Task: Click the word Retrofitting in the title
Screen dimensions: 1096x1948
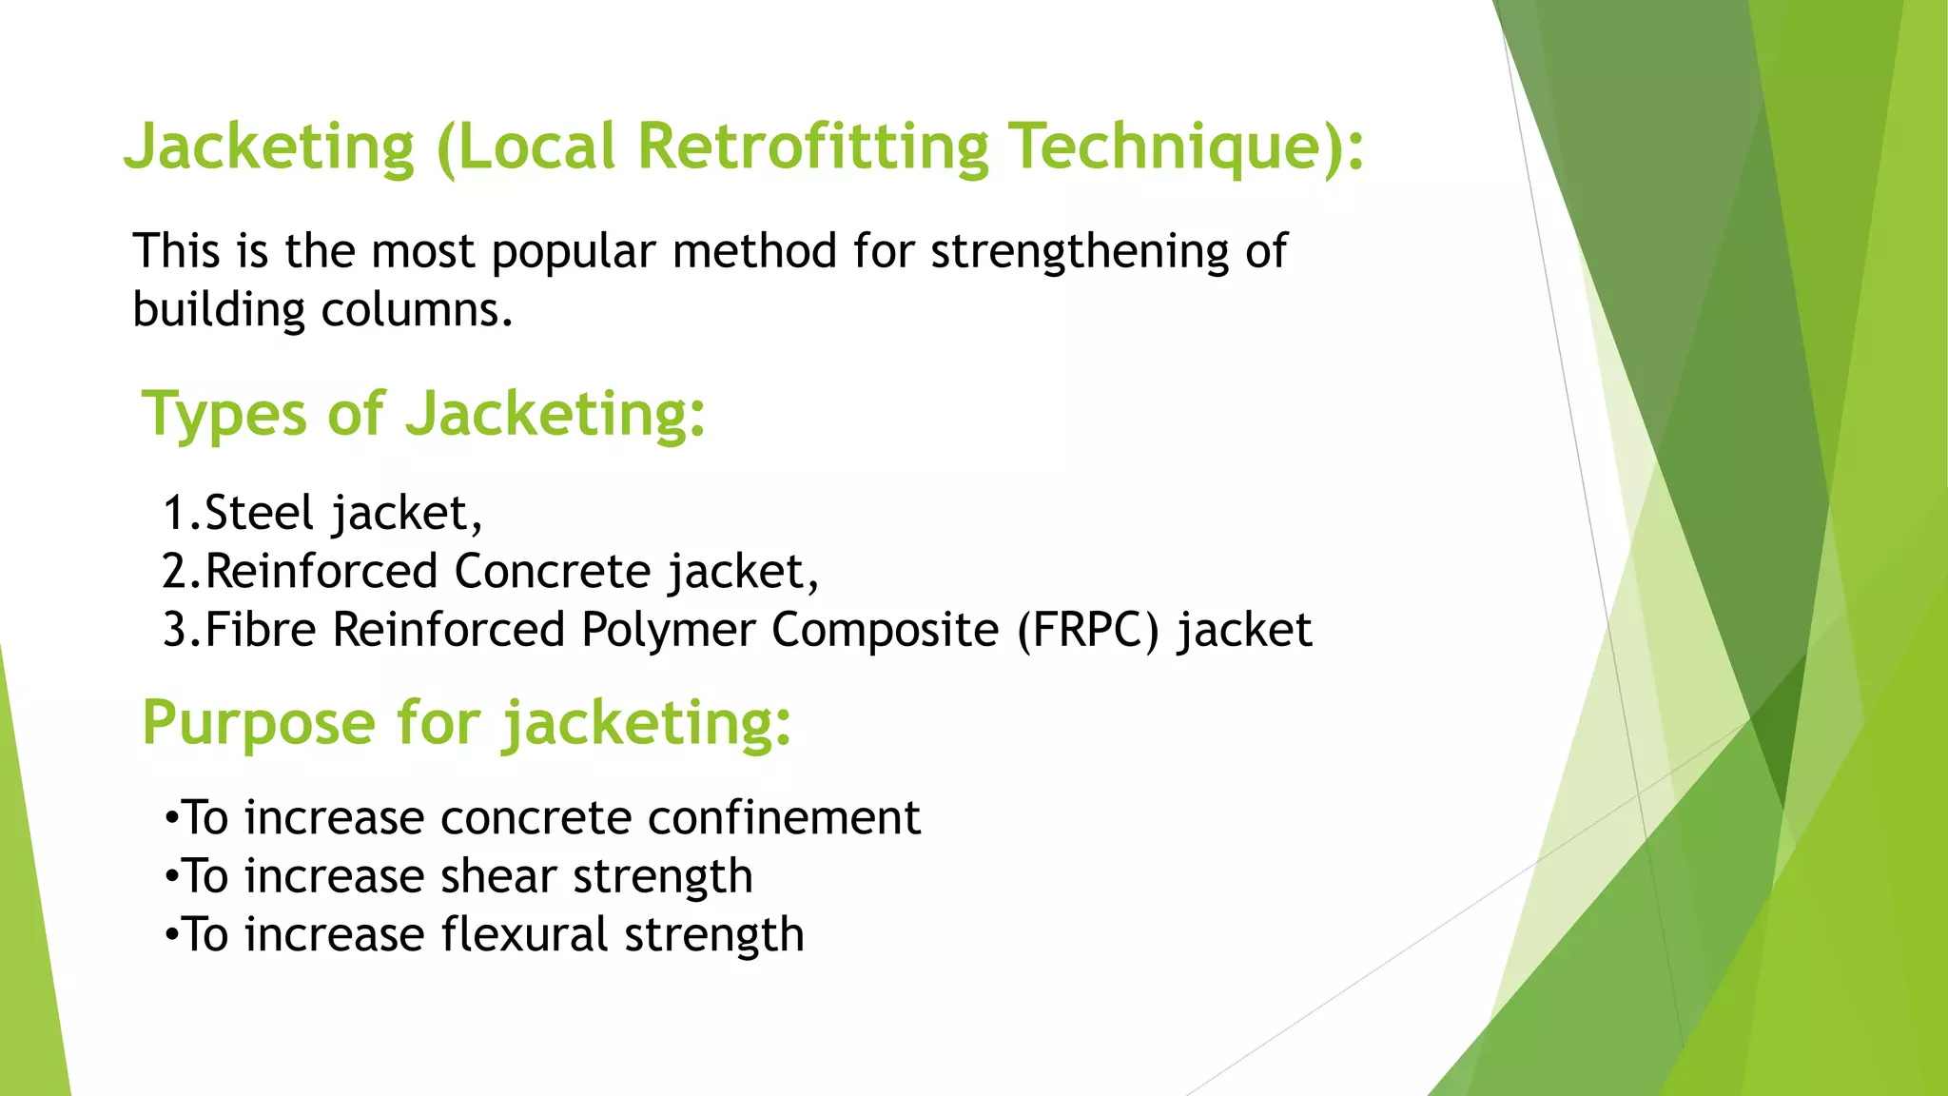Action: [x=813, y=147]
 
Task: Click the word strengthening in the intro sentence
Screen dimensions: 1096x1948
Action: [x=1080, y=252]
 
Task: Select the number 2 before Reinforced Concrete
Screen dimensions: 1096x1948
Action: [x=176, y=572]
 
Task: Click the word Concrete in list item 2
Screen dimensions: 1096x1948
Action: [x=553, y=572]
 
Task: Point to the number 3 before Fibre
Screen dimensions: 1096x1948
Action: [x=176, y=631]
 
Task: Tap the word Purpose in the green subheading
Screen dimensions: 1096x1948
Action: [x=259, y=723]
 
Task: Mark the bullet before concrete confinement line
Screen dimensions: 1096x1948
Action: [x=170, y=818]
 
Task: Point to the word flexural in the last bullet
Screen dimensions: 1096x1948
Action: [x=524, y=934]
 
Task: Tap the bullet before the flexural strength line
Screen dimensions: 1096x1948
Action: [x=170, y=935]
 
